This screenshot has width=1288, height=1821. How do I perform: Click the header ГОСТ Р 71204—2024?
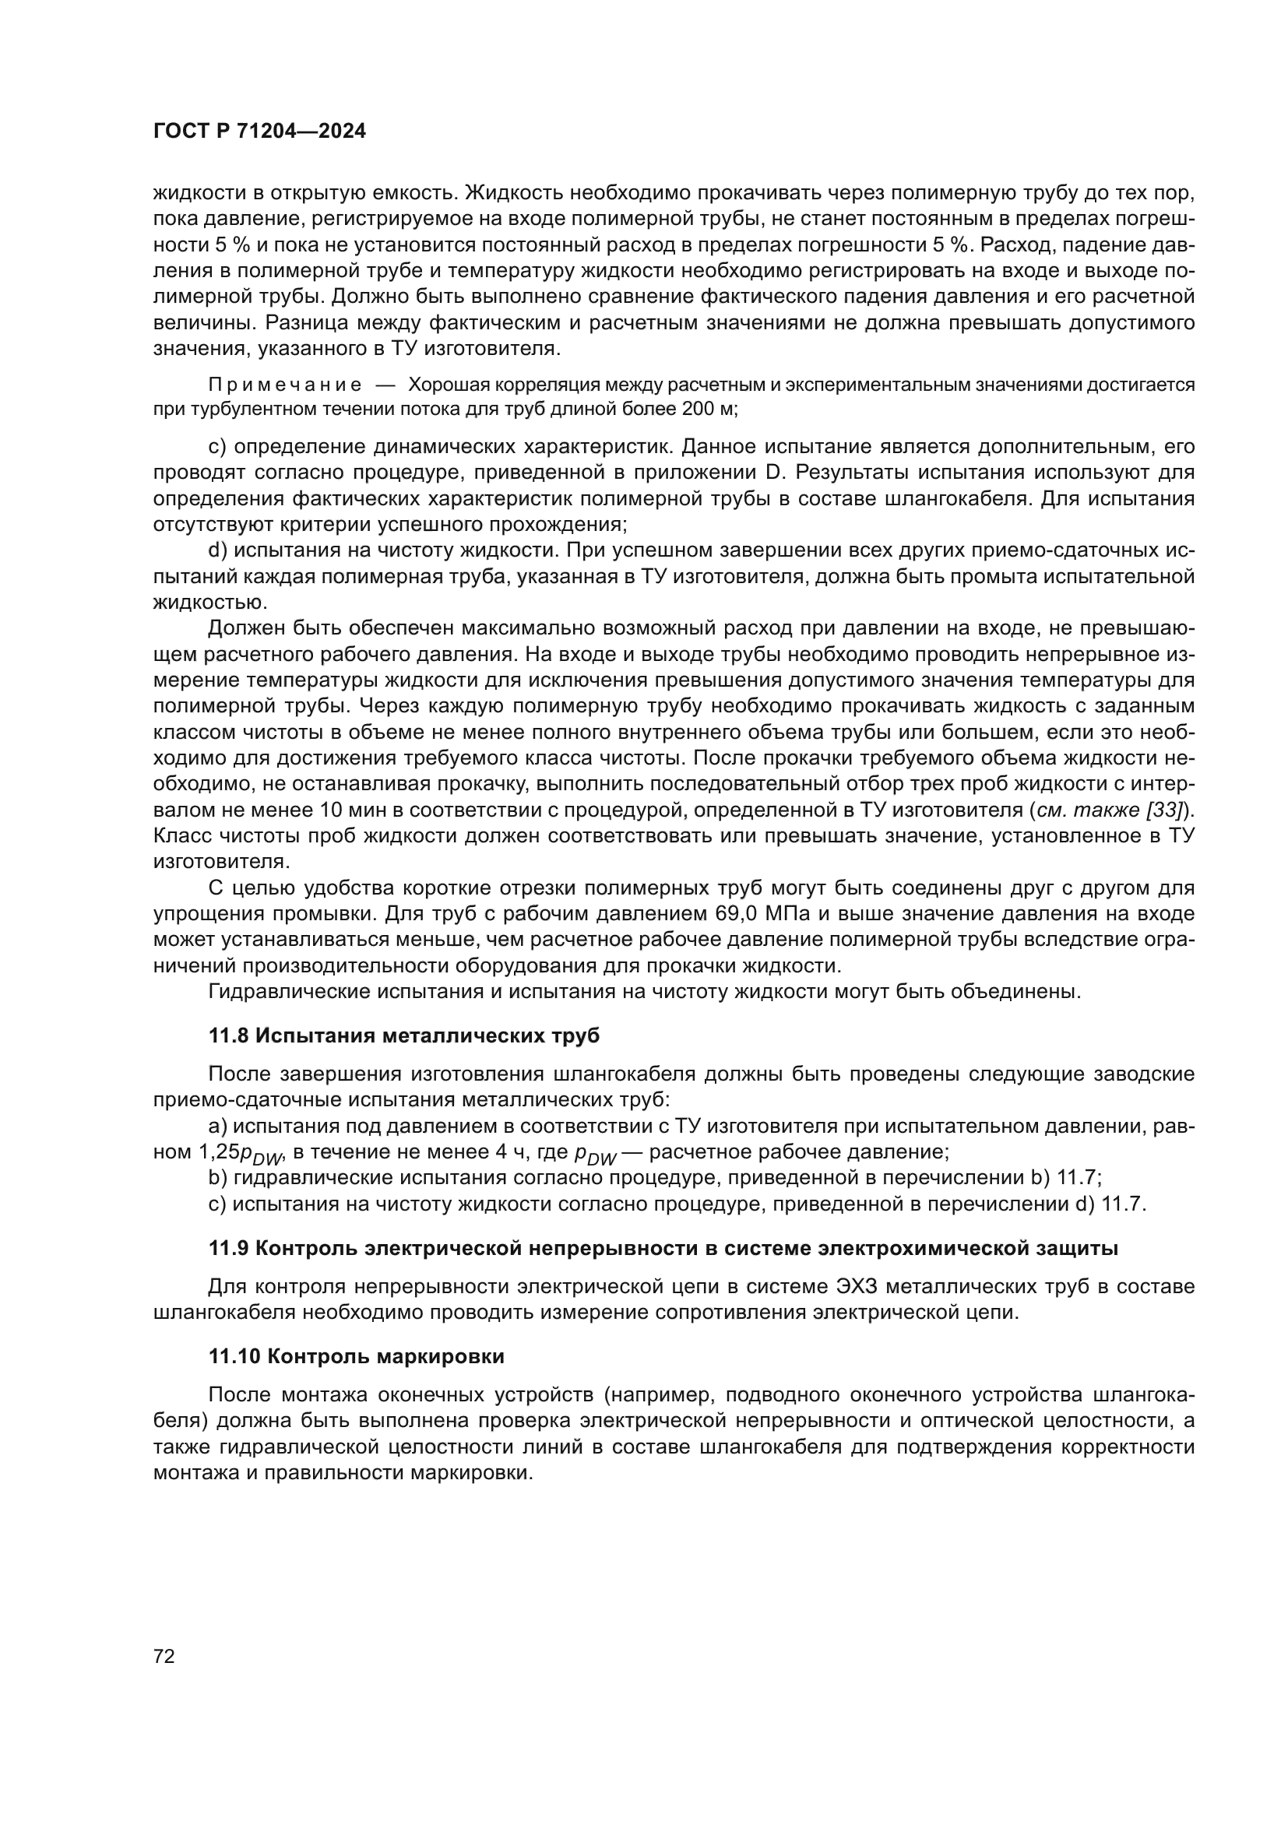click(259, 132)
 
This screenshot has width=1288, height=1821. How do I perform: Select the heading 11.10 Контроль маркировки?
click(356, 1356)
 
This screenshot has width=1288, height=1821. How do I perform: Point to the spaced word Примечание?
click(285, 385)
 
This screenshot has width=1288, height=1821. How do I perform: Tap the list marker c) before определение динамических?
click(217, 448)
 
